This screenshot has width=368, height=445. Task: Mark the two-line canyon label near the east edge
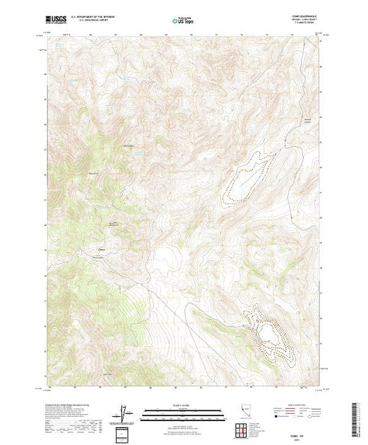tap(308, 119)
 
